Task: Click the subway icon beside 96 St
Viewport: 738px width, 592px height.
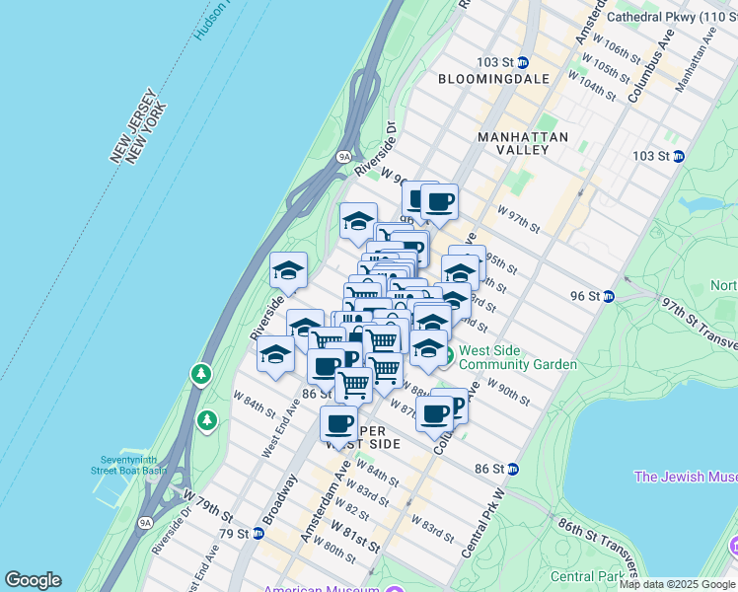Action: click(609, 296)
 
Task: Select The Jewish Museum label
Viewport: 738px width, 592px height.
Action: click(685, 477)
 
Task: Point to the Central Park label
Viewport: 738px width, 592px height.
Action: click(586, 576)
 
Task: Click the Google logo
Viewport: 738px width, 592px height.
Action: click(33, 580)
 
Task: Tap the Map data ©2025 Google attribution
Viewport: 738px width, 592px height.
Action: click(676, 584)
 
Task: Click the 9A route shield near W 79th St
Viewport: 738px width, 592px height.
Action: click(146, 522)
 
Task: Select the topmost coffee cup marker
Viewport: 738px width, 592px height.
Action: click(439, 202)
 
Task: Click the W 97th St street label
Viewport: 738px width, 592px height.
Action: click(519, 220)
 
